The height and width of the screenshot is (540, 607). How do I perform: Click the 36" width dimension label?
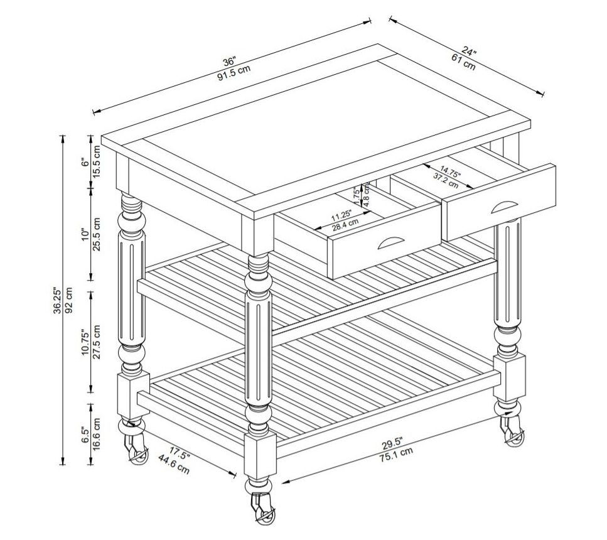tap(228, 62)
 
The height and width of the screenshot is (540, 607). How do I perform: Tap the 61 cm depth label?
tap(463, 62)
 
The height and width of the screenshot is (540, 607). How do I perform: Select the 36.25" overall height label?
tap(57, 300)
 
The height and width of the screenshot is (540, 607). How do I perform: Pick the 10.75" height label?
tap(85, 342)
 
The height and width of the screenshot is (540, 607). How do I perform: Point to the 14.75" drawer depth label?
tap(450, 171)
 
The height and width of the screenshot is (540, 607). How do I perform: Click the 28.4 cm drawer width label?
tap(345, 224)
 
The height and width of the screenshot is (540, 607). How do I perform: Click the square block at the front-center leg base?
tap(260, 456)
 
